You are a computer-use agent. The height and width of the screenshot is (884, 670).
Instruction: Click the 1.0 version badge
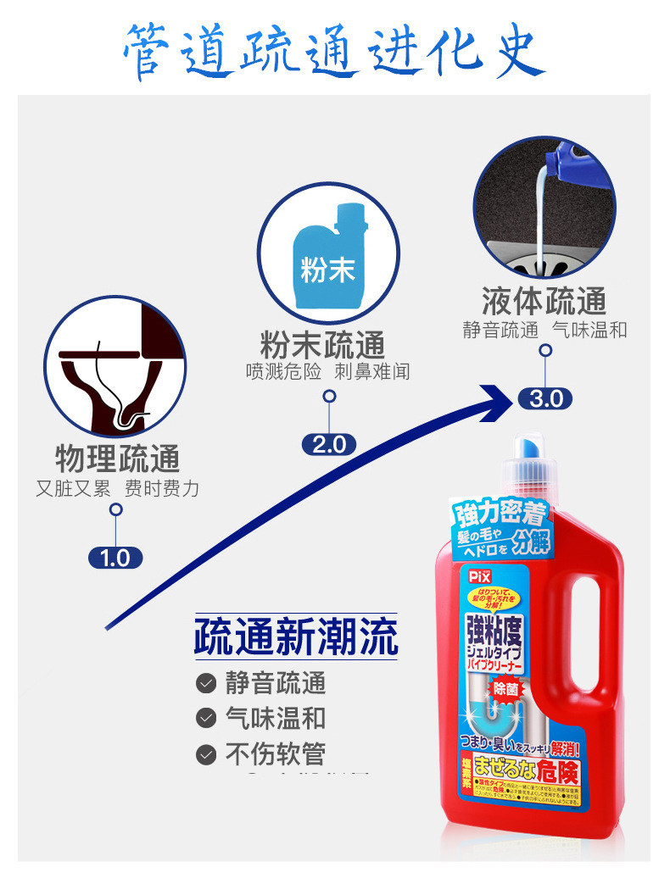pyautogui.click(x=115, y=558)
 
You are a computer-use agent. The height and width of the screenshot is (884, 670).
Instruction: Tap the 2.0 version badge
pyautogui.click(x=329, y=444)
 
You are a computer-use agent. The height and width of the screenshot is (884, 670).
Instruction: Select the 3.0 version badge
pyautogui.click(x=545, y=398)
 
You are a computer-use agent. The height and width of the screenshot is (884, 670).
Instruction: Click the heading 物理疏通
pyautogui.click(x=117, y=459)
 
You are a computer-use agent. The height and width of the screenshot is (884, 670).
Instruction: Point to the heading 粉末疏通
pyautogui.click(x=322, y=345)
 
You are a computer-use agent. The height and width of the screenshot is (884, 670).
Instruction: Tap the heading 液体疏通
pyautogui.click(x=544, y=301)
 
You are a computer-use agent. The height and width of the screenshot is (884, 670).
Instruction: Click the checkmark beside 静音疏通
pyautogui.click(x=206, y=683)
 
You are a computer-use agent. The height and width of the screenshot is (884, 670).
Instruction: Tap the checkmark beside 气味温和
pyautogui.click(x=206, y=718)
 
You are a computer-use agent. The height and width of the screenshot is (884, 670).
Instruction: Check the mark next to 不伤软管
pyautogui.click(x=206, y=753)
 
